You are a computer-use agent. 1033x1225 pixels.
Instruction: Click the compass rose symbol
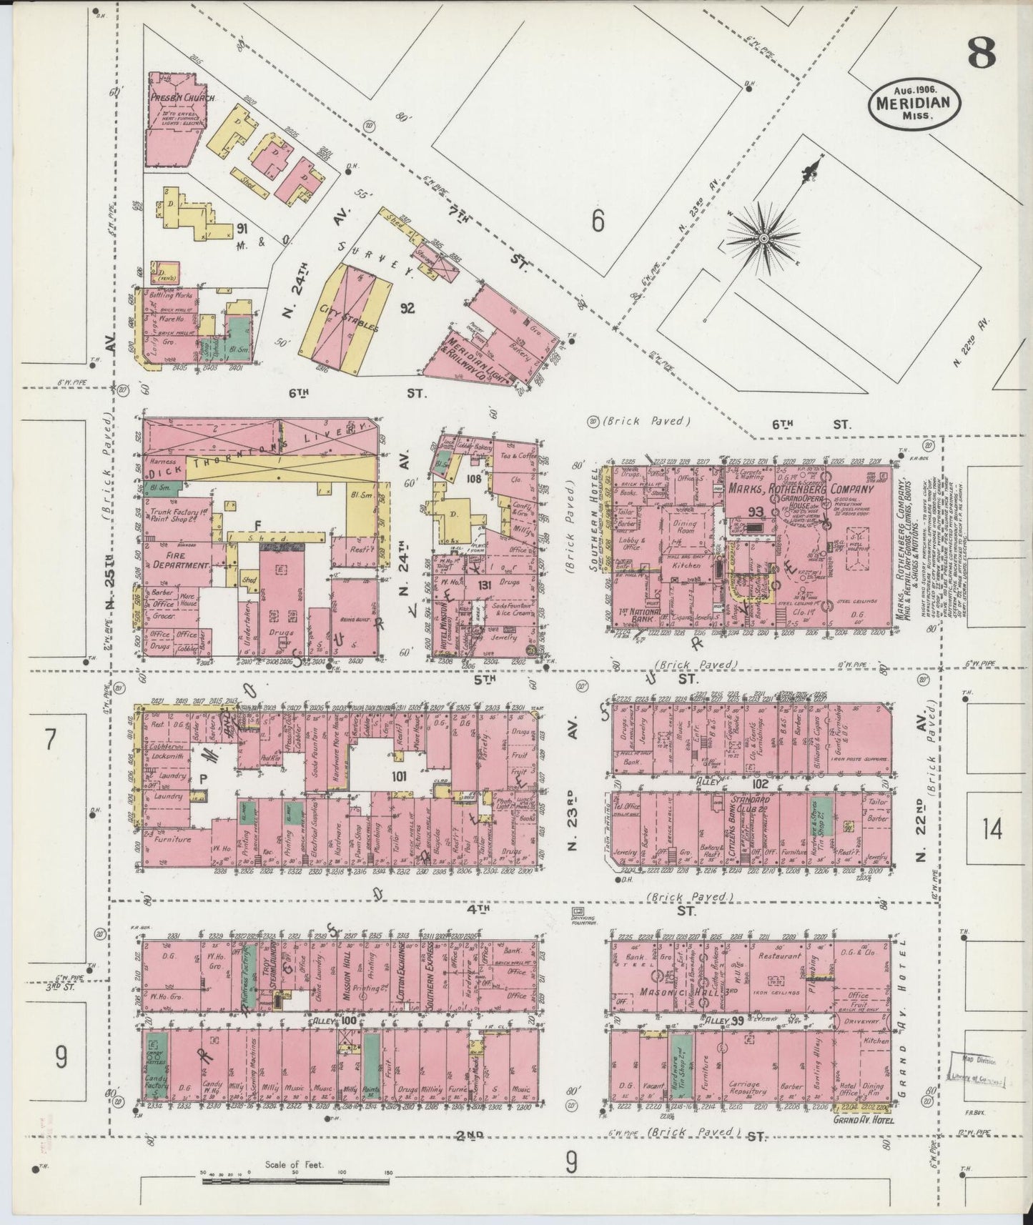tap(763, 237)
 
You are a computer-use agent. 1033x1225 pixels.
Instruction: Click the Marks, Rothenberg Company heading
tap(800, 490)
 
